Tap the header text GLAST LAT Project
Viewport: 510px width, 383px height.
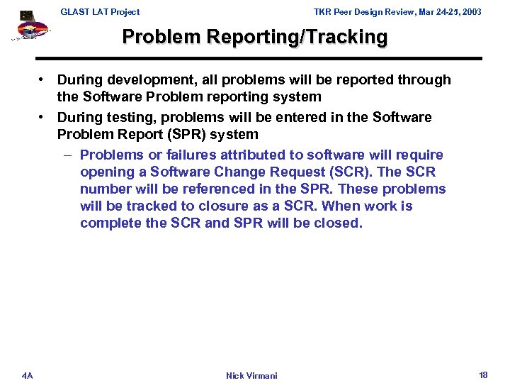pyautogui.click(x=100, y=11)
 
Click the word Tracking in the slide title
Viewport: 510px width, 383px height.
pyautogui.click(x=346, y=37)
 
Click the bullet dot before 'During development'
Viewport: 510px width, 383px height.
pyautogui.click(x=43, y=80)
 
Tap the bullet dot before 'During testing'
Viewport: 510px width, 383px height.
pyautogui.click(x=43, y=117)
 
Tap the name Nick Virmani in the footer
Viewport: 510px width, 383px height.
pyautogui.click(x=251, y=375)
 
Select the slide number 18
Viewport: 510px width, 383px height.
pyautogui.click(x=483, y=374)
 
